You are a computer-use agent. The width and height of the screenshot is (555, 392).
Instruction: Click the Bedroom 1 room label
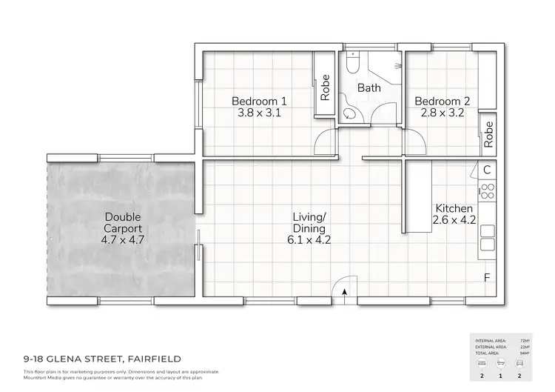(259, 101)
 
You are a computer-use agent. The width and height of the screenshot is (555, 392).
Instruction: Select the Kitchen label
(454, 208)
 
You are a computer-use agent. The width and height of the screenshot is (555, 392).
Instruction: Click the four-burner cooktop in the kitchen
(487, 192)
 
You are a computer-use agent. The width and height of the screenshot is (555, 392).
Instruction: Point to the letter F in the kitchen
(486, 278)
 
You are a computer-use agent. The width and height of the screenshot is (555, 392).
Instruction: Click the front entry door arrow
(346, 293)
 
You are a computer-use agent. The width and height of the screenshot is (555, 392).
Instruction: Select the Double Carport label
(122, 223)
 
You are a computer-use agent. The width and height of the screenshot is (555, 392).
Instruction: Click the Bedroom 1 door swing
(323, 142)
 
